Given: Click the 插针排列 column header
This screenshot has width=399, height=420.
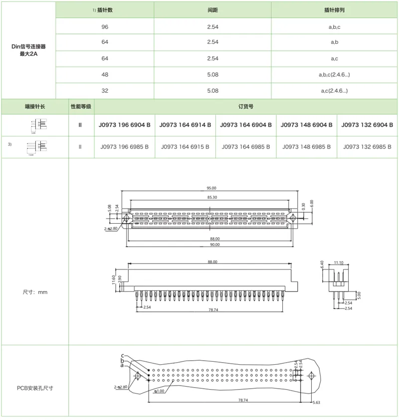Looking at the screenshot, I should click(334, 10).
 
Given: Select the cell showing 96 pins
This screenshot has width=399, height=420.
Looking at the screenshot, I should click(104, 26).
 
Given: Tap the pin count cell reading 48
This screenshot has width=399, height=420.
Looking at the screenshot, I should click(104, 74).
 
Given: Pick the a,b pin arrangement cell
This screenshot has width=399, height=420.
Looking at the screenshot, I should click(334, 42).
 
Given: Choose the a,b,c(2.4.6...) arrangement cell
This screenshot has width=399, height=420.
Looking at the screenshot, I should click(334, 74).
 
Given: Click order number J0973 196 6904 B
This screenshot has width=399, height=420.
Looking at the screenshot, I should click(124, 125).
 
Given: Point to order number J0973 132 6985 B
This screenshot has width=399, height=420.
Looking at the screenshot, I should click(368, 147).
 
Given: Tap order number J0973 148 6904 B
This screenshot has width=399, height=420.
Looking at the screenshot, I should click(307, 125).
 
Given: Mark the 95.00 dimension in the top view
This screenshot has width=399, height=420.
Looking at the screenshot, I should click(211, 188).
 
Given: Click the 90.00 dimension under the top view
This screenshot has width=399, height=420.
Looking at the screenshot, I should click(214, 245).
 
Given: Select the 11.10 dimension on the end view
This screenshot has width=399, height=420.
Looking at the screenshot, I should click(338, 262).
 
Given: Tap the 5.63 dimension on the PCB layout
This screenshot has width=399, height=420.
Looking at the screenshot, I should click(316, 402).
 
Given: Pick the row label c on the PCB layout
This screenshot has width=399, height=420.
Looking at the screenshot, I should click(122, 356).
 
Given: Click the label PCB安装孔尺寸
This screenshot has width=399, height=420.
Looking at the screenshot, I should click(35, 388).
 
